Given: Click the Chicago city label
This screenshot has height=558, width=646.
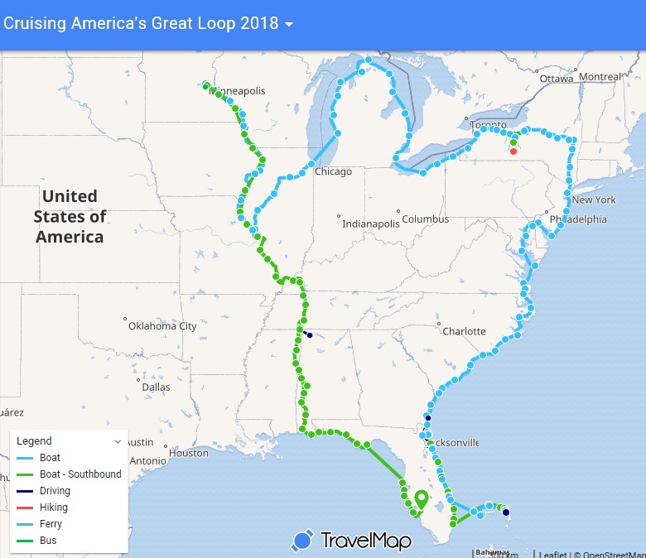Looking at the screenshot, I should click(x=333, y=172).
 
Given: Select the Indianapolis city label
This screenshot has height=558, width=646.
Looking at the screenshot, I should click(x=371, y=224).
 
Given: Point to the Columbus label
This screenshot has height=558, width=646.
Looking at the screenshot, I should click(x=426, y=219).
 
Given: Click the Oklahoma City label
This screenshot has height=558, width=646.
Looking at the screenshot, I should click(x=162, y=326).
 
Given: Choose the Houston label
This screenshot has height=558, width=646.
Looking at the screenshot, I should click(x=189, y=453).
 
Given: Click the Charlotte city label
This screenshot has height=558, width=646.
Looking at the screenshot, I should click(x=464, y=331).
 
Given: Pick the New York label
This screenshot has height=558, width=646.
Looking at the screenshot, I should click(x=593, y=200).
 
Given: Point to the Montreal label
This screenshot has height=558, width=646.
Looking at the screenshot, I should click(x=600, y=77).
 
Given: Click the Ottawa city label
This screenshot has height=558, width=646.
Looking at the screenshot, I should click(x=555, y=79).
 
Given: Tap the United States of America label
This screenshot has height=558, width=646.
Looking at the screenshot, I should click(x=70, y=216).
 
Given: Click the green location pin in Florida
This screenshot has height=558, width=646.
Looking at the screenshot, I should click(x=421, y=499).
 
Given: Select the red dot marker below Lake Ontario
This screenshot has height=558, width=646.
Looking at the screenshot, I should click(x=513, y=152).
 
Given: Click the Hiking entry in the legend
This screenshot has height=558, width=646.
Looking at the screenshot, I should click(x=54, y=507).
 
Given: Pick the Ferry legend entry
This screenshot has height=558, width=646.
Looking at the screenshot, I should click(x=51, y=524).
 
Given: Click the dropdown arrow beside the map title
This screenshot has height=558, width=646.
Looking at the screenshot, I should click(x=288, y=25).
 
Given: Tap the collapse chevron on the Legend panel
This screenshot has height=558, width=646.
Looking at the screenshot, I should click(x=118, y=442).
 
